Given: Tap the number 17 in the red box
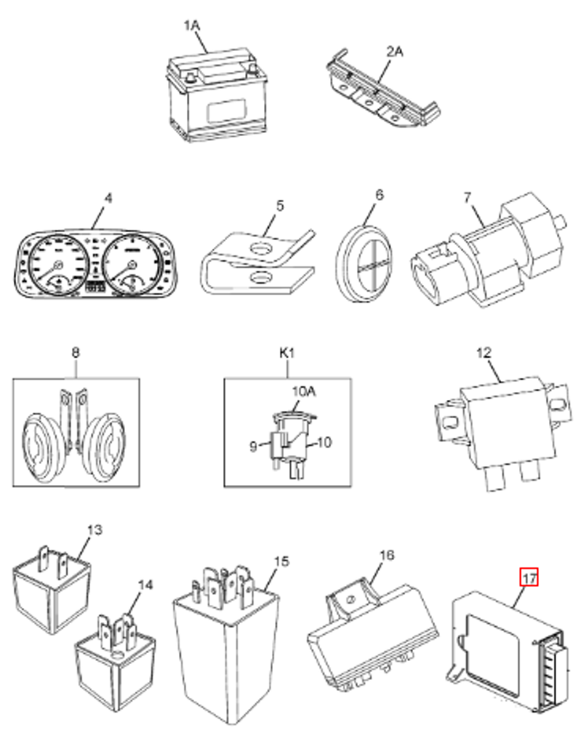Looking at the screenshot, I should click(528, 578).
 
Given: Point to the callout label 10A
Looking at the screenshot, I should click(303, 392).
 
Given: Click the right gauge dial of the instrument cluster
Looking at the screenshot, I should click(132, 265).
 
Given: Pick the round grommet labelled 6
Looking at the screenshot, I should click(368, 262).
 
